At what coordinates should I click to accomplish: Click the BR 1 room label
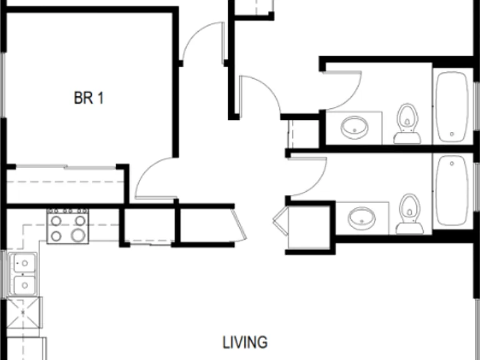click(x=89, y=98)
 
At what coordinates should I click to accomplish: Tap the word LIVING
click(x=245, y=342)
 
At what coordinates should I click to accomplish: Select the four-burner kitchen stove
click(x=67, y=226)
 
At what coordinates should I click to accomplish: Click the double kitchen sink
click(x=22, y=274)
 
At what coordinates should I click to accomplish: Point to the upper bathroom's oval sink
click(x=354, y=127)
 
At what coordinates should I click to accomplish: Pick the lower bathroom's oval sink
click(x=361, y=218)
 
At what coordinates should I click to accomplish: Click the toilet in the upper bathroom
click(x=407, y=123)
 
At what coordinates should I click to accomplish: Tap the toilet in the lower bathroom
click(x=409, y=214)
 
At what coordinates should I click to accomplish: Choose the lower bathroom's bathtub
click(x=452, y=191)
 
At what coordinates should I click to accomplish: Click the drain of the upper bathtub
click(x=452, y=134)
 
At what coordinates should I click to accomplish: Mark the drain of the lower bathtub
click(x=452, y=164)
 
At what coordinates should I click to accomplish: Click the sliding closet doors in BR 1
click(x=66, y=167)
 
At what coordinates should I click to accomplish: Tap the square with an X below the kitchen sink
click(x=23, y=312)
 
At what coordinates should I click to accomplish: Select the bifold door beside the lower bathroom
click(x=281, y=221)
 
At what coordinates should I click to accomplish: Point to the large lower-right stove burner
click(x=78, y=236)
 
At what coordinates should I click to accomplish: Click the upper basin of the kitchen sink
click(x=22, y=263)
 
